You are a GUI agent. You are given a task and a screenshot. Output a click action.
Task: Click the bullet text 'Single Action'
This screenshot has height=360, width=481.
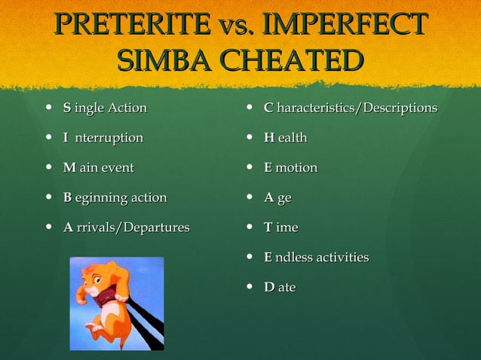[105, 108]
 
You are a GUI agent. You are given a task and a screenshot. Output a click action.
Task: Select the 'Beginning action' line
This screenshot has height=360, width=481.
[115, 197]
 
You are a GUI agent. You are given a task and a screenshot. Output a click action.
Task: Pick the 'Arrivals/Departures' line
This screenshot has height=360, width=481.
[126, 227]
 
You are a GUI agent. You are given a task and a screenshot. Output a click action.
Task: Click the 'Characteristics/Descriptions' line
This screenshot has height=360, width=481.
[350, 108]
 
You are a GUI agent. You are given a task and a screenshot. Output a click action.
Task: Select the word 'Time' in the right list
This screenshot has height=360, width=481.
[280, 227]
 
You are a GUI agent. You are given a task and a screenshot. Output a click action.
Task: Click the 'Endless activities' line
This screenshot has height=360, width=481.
[316, 257]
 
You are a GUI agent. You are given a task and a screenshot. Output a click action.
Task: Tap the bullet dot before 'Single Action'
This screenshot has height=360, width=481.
[50, 108]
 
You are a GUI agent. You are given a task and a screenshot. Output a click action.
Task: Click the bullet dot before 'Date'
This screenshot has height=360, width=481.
[250, 288]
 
